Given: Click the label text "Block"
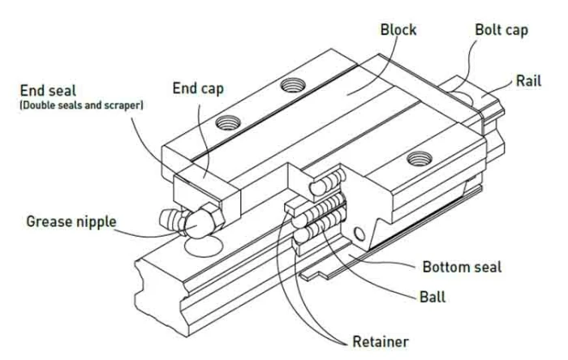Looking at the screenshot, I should point(398,30).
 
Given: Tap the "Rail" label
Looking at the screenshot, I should point(529,81).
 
